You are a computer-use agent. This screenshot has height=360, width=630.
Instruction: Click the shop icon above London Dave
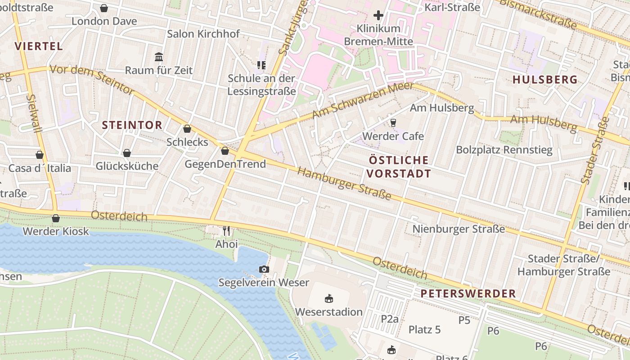click(104, 8)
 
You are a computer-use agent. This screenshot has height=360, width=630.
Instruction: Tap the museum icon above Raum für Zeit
click(159, 57)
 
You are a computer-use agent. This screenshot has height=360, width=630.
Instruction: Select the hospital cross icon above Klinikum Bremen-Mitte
click(378, 16)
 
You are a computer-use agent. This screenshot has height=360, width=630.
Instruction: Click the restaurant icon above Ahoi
click(226, 231)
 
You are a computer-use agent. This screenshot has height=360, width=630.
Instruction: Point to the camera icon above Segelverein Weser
click(264, 269)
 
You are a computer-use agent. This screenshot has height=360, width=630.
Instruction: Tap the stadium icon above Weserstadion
click(329, 298)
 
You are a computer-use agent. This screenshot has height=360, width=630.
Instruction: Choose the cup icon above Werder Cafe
click(393, 122)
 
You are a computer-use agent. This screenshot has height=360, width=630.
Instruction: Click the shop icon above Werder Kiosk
click(56, 218)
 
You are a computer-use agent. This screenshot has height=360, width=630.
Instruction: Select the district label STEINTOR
click(132, 125)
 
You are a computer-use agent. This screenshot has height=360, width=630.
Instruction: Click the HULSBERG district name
click(545, 80)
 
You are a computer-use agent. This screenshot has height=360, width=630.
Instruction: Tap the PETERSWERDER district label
click(468, 294)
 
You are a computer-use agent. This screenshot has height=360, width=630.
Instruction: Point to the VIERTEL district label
click(39, 46)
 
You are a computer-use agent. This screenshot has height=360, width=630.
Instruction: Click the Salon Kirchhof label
click(203, 34)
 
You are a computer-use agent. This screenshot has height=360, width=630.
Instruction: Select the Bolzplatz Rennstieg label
click(504, 150)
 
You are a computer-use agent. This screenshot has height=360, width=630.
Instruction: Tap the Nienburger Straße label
click(459, 229)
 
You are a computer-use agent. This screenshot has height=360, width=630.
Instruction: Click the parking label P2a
click(390, 319)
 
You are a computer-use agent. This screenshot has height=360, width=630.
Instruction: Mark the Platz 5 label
click(424, 329)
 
